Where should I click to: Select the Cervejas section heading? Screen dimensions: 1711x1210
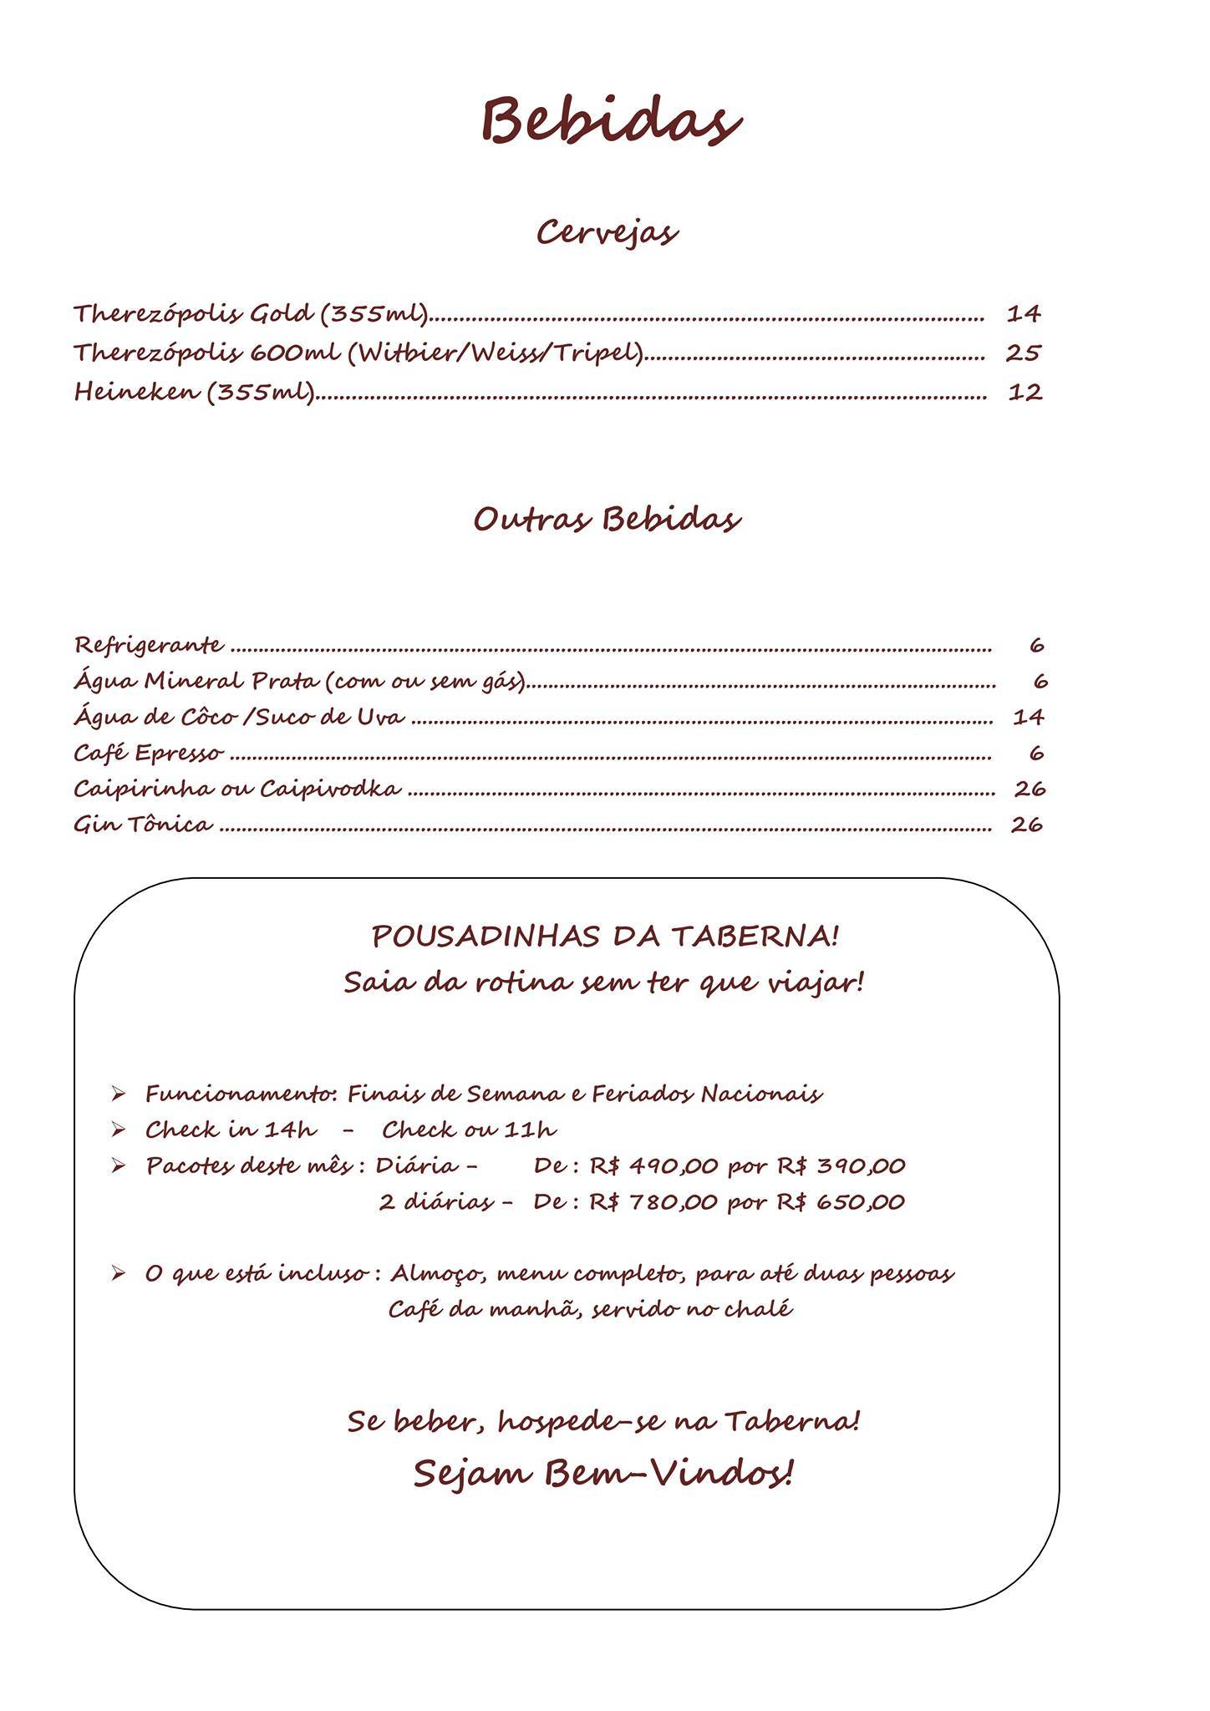coord(607,232)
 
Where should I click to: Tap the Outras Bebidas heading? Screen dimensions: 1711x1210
coord(607,519)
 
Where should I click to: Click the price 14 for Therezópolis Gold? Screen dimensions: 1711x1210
coord(1024,314)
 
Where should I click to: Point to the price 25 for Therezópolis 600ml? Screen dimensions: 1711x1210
coord(1023,353)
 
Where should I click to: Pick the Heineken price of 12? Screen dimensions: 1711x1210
coord(1024,392)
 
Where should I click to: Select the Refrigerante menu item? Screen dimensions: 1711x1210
coord(149,645)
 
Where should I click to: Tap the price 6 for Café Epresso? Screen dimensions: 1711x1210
coord(1036,754)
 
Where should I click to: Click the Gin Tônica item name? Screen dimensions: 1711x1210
coord(143,825)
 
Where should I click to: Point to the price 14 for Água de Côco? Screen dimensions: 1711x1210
coord(1029,717)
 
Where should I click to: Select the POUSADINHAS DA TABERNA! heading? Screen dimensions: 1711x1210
coord(605,937)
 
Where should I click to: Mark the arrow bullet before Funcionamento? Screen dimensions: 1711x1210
coord(118,1094)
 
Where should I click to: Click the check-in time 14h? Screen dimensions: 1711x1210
coord(291,1130)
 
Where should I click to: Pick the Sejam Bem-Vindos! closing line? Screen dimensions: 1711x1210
coord(602,1474)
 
